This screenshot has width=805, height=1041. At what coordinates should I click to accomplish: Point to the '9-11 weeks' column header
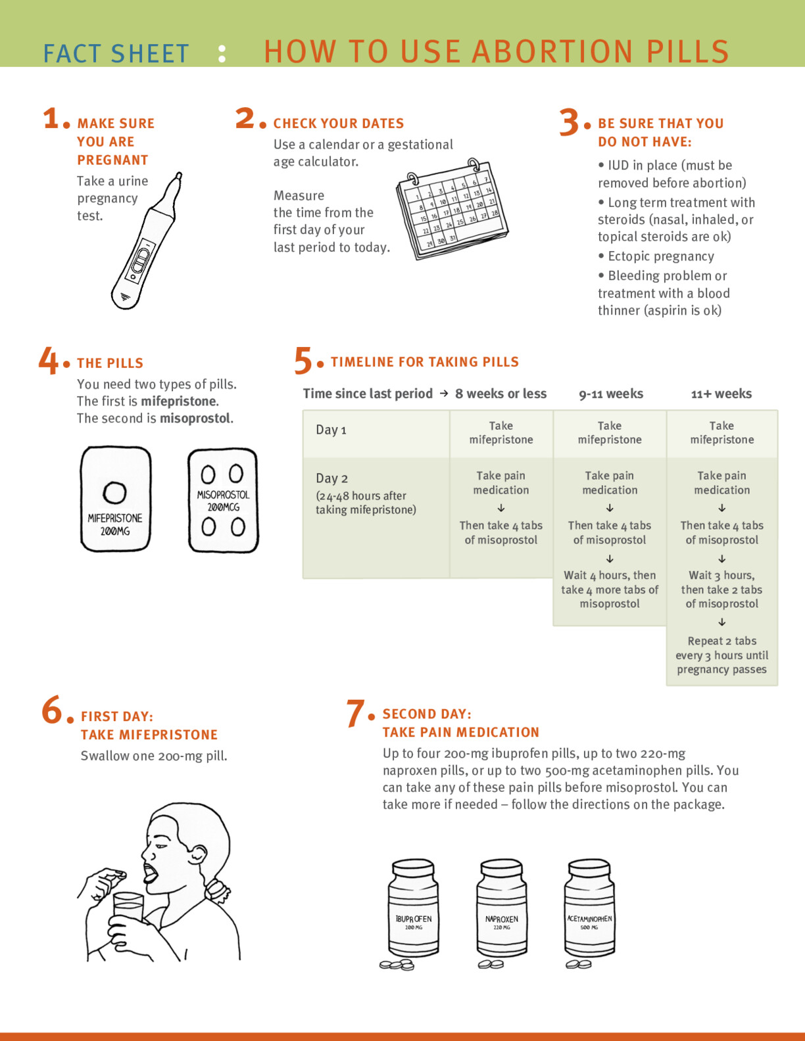coord(611,394)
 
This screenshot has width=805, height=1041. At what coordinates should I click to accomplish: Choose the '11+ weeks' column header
coord(721,394)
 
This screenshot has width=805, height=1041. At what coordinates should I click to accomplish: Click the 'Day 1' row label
coord(331,430)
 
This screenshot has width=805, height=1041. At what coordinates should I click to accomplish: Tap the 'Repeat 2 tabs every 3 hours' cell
coord(721,655)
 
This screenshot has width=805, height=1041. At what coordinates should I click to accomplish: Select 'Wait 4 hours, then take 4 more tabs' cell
coord(610,590)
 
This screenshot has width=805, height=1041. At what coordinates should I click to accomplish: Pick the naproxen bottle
coord(501,910)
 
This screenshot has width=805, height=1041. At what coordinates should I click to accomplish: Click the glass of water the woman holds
coord(128,910)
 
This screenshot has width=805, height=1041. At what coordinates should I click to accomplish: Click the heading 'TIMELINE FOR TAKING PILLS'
coord(425,362)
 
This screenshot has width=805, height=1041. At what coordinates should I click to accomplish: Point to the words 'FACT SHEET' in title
coord(116,54)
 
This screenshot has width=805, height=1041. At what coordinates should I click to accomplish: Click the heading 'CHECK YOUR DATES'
coord(339,124)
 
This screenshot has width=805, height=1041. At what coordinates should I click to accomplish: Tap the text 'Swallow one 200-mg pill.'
coord(154,756)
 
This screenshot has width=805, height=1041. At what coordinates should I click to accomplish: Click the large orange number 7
coord(356,714)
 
